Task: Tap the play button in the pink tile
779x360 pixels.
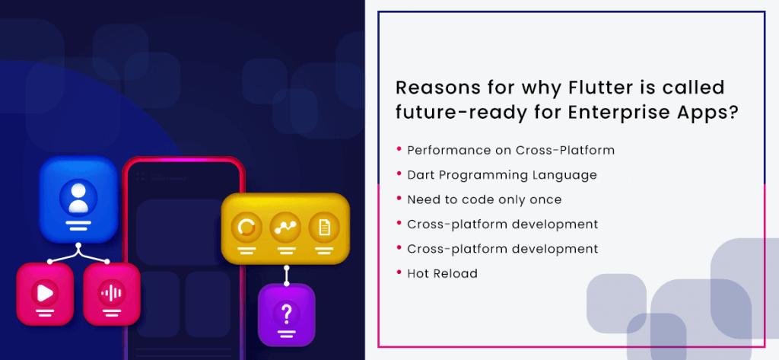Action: pos(45,293)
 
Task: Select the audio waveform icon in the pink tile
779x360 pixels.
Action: pos(111,293)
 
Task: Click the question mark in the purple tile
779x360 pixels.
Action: pos(286,314)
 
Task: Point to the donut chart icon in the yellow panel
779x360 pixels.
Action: pos(246,228)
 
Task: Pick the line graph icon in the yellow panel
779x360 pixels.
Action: pos(285,228)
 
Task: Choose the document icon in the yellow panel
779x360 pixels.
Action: pos(324,228)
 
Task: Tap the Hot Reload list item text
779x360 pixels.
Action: pos(442,273)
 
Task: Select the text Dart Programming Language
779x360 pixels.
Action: pos(502,175)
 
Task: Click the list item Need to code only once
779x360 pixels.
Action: pos(485,200)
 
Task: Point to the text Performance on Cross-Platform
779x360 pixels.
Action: pos(510,150)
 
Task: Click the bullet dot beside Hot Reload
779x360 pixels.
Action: pos(399,272)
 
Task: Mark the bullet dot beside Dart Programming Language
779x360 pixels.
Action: pos(399,173)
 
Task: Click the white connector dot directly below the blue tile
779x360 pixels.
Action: pos(78,245)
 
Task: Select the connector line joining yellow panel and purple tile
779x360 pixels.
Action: pos(286,275)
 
